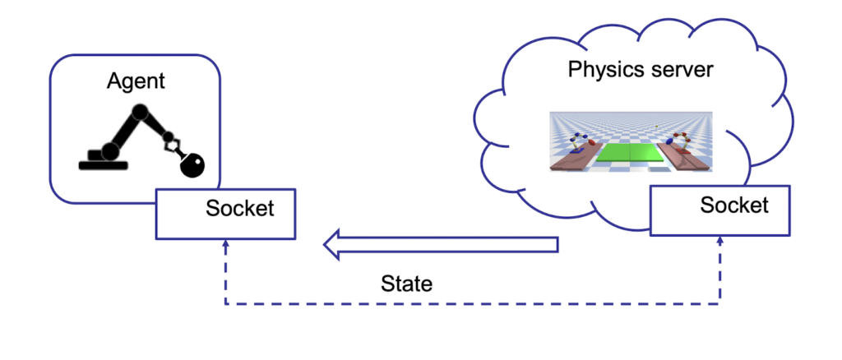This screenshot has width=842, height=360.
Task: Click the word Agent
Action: tap(136, 81)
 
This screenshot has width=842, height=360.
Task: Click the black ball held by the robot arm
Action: tap(193, 166)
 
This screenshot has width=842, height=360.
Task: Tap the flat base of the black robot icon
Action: tap(103, 164)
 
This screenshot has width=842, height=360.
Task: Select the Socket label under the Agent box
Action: tap(239, 208)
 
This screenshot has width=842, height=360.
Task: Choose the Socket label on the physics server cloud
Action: tap(734, 205)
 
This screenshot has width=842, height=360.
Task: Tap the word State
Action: tap(406, 284)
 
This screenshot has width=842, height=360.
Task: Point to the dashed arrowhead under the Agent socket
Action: tap(226, 244)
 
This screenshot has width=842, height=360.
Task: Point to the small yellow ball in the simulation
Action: tap(656, 127)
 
